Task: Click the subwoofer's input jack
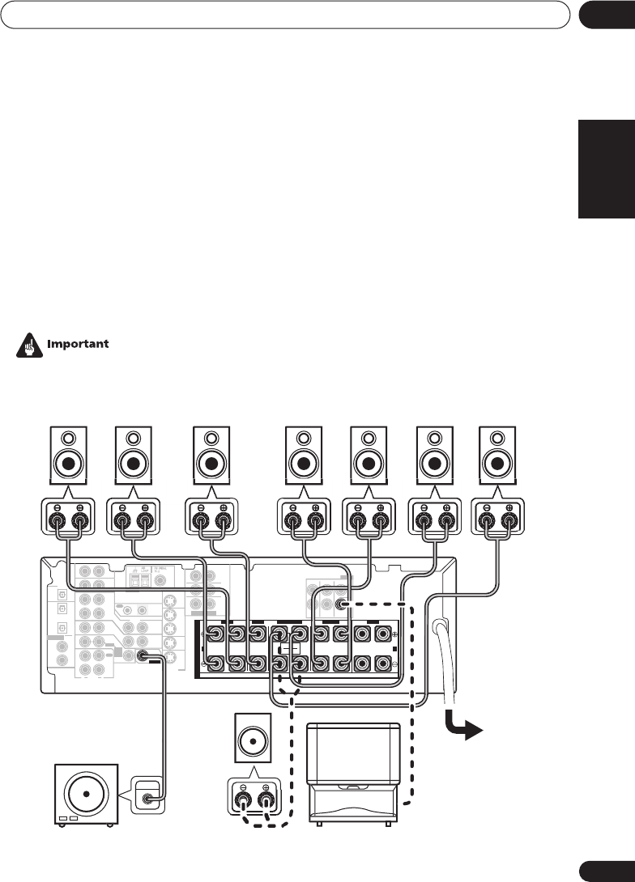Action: [x=149, y=799]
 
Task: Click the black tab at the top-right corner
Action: [x=605, y=15]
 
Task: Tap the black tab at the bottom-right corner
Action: [x=605, y=869]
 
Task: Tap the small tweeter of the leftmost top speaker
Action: [x=69, y=440]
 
